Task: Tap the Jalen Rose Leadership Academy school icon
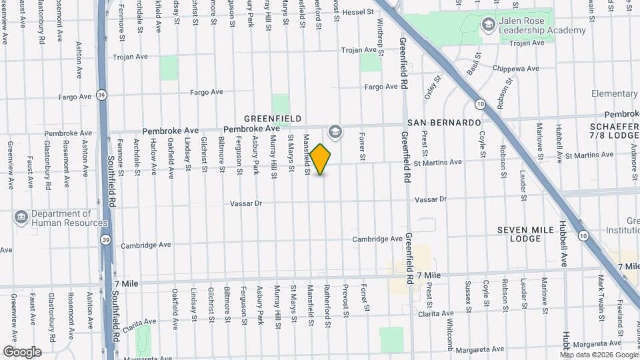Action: click(x=488, y=25)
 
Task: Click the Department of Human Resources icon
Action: click(x=21, y=217)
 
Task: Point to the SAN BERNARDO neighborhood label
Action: click(x=444, y=123)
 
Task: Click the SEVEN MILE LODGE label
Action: click(x=525, y=234)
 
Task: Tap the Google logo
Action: click(x=22, y=351)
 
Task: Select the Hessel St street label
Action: click(x=362, y=12)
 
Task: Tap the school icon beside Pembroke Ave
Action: click(x=335, y=131)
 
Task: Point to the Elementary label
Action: click(x=614, y=94)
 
